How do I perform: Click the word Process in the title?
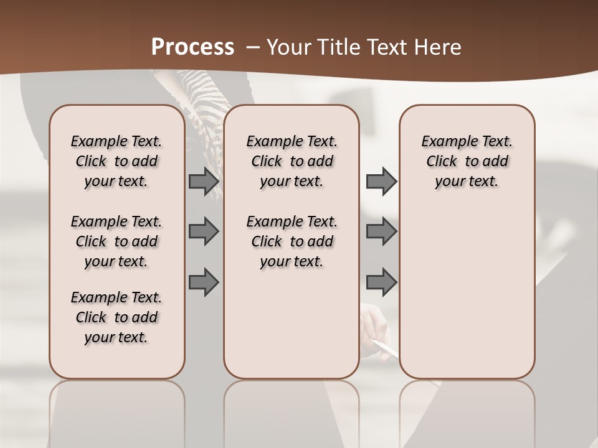pos(192,47)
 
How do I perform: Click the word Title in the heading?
pos(342,47)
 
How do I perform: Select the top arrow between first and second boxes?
pos(204,182)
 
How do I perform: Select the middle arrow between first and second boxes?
pos(204,231)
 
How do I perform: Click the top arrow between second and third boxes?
pos(381,182)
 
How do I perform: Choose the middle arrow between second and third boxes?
pos(381,231)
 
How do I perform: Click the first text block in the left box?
pos(116,161)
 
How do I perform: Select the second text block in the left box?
pos(116,241)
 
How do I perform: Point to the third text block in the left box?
pos(116,317)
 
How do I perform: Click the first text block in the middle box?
pos(292,161)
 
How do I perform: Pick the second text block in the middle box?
pos(292,241)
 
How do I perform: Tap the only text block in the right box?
pos(467,161)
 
